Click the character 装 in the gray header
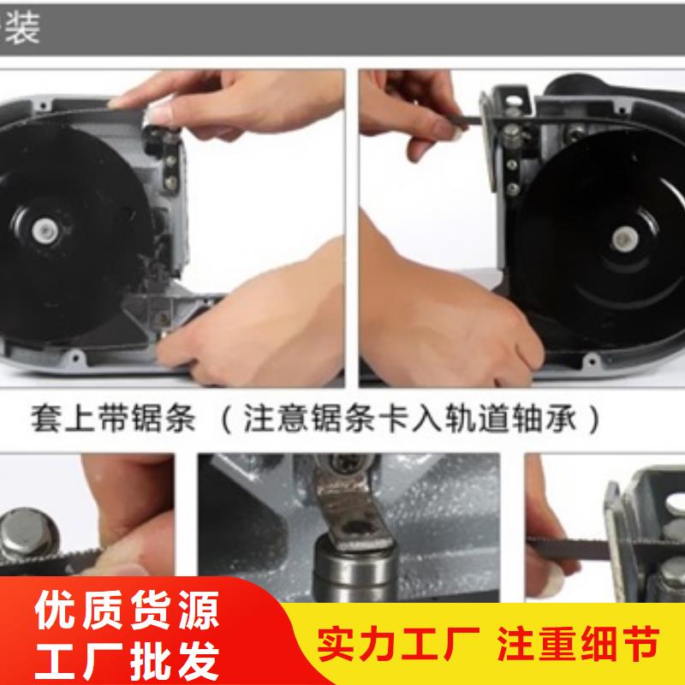coord(23,28)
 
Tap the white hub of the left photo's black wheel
coord(45,229)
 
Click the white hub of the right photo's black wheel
coord(625,239)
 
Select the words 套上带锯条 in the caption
coord(112,418)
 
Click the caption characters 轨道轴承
coord(510,418)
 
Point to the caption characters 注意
coord(276,418)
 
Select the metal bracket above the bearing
coord(349,507)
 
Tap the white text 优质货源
coord(127,610)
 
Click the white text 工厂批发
coord(127,659)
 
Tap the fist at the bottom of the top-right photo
coord(450,324)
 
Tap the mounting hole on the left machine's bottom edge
coord(75,359)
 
